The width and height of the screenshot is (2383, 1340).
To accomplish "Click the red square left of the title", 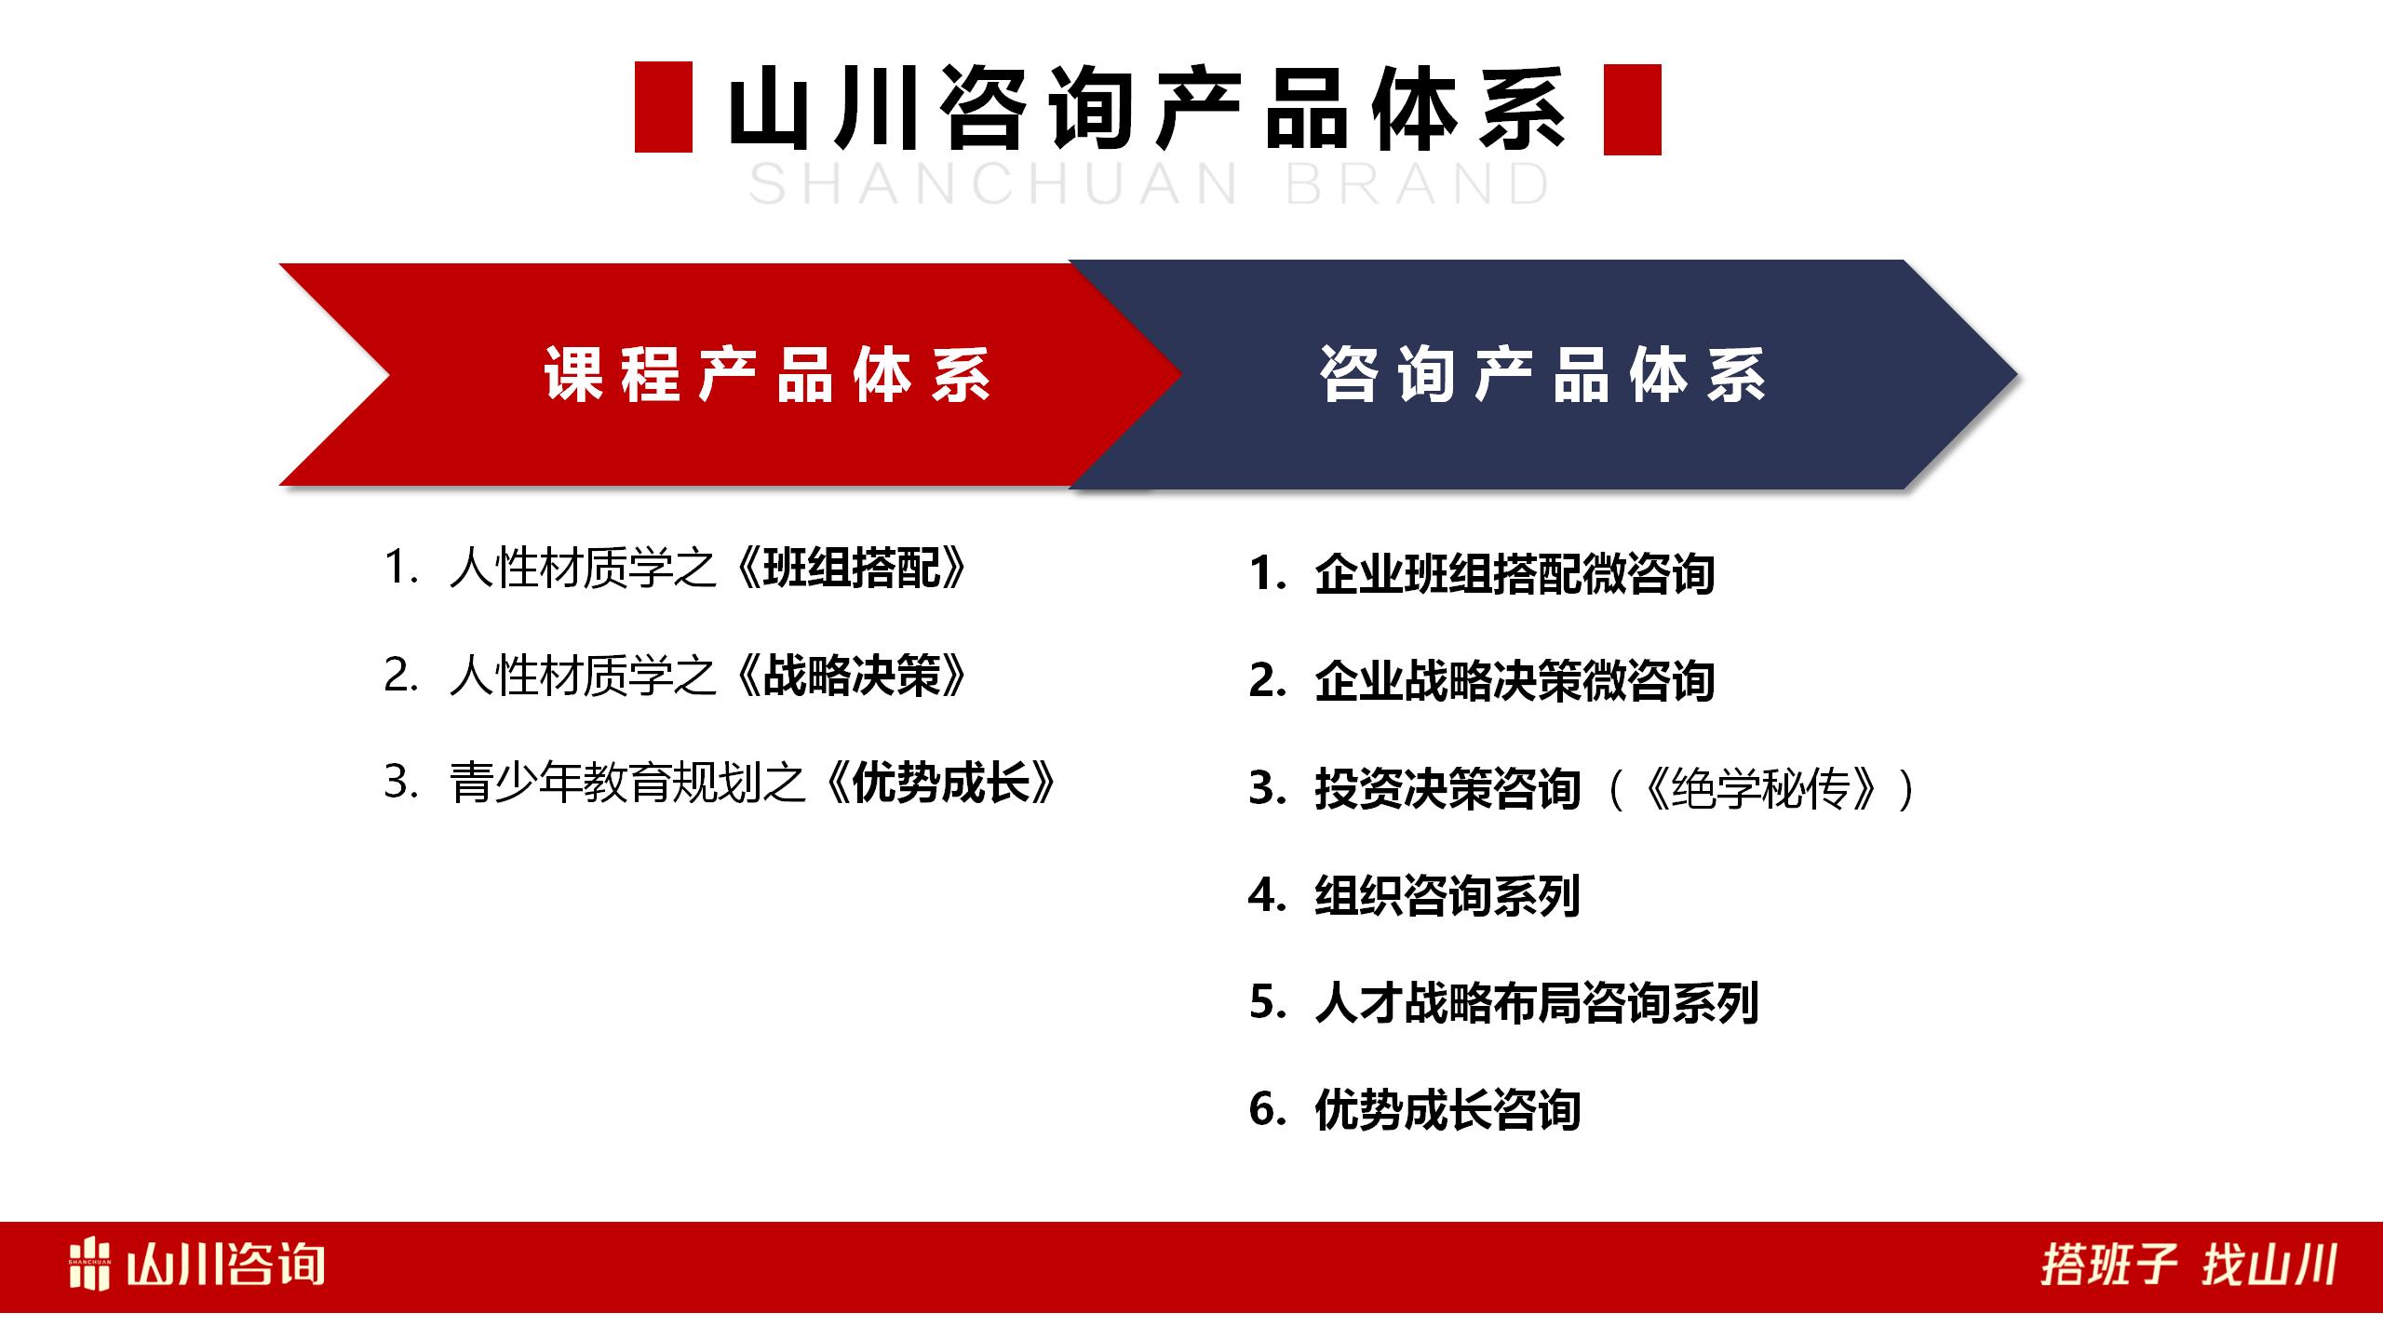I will (x=663, y=107).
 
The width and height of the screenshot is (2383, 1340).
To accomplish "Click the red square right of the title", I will (x=1632, y=109).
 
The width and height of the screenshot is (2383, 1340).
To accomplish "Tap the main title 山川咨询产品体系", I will (x=1147, y=109).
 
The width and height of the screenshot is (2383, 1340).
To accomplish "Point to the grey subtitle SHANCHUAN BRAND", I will (x=1149, y=184).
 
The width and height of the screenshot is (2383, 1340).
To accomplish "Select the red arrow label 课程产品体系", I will (x=767, y=376).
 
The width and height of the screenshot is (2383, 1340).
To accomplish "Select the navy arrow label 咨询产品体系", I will (x=1542, y=376).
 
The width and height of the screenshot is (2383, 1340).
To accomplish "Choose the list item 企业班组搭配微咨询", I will (x=1514, y=574).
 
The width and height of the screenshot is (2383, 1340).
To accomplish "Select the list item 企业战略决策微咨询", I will (x=1514, y=681).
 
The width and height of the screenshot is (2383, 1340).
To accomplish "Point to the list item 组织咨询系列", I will (x=1447, y=896).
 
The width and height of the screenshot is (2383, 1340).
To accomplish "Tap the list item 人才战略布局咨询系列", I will (x=1536, y=1003).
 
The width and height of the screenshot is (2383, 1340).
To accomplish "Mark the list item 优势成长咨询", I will (x=1447, y=1110).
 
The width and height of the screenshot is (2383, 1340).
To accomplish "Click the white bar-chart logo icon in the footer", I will (x=89, y=1265).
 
